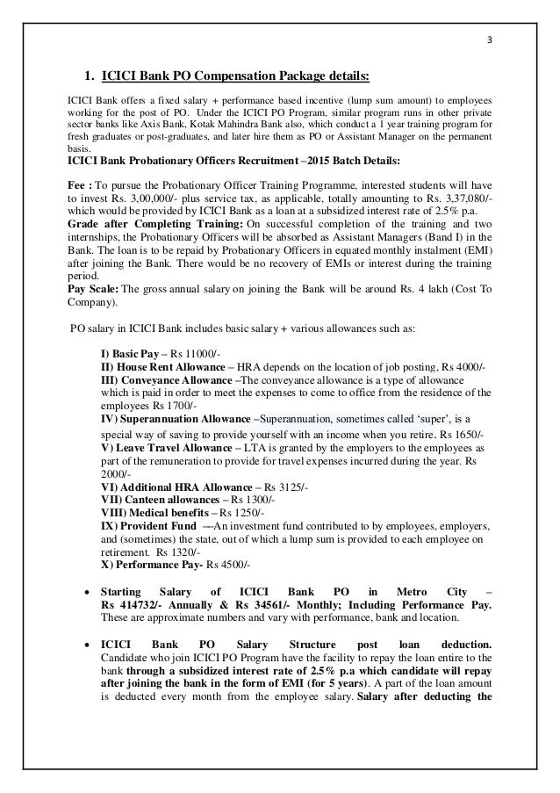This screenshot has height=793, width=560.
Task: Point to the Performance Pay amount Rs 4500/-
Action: pos(229,565)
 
